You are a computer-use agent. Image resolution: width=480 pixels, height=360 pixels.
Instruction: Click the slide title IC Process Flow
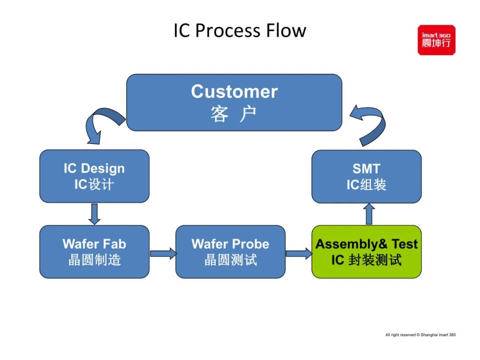[240, 31]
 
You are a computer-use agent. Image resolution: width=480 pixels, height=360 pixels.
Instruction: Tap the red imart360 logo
[436, 40]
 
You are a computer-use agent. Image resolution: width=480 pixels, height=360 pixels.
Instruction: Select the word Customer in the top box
[234, 92]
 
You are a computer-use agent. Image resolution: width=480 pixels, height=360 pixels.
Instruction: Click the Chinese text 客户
[234, 114]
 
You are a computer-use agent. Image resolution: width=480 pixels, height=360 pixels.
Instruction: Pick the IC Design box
[94, 176]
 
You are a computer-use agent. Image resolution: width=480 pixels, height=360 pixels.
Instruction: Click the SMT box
[366, 176]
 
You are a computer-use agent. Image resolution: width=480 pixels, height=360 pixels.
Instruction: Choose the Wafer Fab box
[94, 252]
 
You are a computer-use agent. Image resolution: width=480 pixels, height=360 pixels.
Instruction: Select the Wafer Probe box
[230, 252]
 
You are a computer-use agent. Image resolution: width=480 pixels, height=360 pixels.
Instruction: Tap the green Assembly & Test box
[366, 252]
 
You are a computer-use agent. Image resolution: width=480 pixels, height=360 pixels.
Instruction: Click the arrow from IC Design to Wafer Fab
[94, 214]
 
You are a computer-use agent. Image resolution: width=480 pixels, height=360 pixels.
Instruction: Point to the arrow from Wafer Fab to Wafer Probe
[163, 253]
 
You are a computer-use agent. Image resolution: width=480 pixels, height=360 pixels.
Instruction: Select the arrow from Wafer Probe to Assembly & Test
[299, 253]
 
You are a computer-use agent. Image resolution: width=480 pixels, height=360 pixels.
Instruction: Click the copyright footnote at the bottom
[420, 335]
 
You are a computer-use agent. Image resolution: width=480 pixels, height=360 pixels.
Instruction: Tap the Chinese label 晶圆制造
[94, 260]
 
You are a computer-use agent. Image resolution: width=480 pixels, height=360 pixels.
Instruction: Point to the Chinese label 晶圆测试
[230, 260]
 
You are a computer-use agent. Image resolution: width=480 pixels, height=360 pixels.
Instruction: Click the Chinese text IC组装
[366, 184]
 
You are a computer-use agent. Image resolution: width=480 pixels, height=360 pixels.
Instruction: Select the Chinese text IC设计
[94, 184]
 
